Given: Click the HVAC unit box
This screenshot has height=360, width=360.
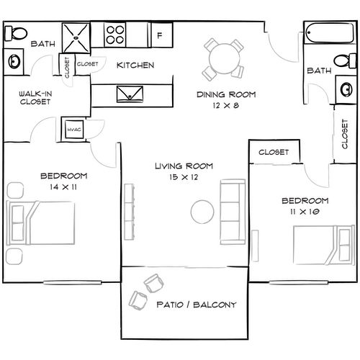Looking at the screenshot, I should click(x=73, y=129).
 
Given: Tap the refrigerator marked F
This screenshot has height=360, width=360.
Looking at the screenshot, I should click(x=160, y=34).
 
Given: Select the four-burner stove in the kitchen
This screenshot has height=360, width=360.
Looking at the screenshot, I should click(x=116, y=34).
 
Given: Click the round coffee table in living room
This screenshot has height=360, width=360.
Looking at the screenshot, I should click(x=202, y=211).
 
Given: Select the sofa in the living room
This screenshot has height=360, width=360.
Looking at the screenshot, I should click(x=230, y=210).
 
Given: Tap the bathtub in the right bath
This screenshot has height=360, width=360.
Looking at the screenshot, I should click(x=325, y=34).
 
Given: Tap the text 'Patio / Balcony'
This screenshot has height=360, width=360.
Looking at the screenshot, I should click(x=196, y=305).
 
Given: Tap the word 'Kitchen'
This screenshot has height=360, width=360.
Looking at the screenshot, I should click(x=135, y=66).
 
